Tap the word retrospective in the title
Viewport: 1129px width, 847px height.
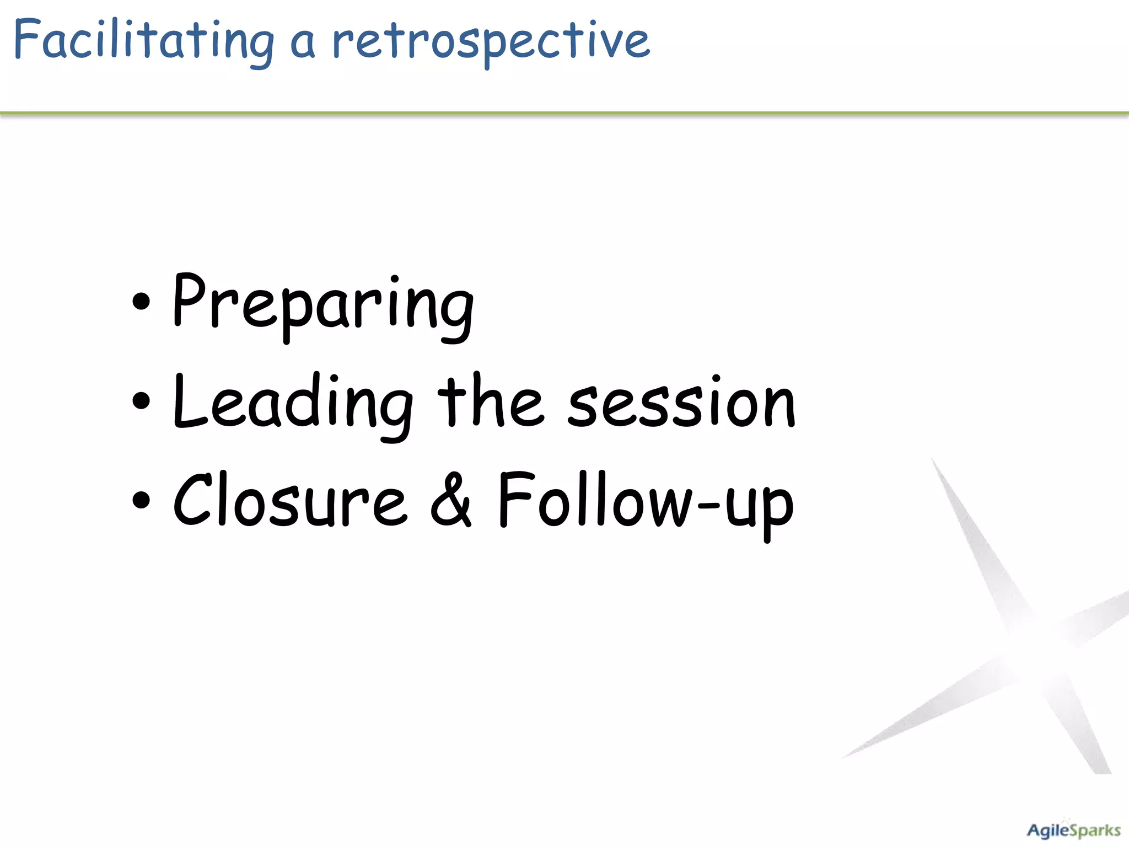[491, 41]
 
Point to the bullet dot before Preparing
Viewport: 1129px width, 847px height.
[141, 302]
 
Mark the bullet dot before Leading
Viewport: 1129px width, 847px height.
[141, 401]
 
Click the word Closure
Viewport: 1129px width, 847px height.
[290, 501]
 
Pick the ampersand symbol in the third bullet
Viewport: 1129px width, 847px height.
[451, 500]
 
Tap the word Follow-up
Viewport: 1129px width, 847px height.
[645, 502]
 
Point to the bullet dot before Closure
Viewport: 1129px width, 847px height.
[141, 500]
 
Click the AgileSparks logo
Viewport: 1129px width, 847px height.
[1073, 830]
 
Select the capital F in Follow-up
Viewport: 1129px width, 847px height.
[514, 499]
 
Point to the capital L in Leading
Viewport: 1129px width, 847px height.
[189, 401]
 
